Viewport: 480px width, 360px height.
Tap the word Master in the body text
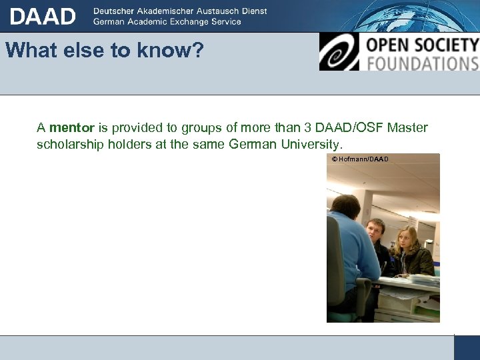point(407,127)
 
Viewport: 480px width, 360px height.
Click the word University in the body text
point(310,144)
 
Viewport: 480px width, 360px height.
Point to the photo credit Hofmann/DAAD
point(363,159)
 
